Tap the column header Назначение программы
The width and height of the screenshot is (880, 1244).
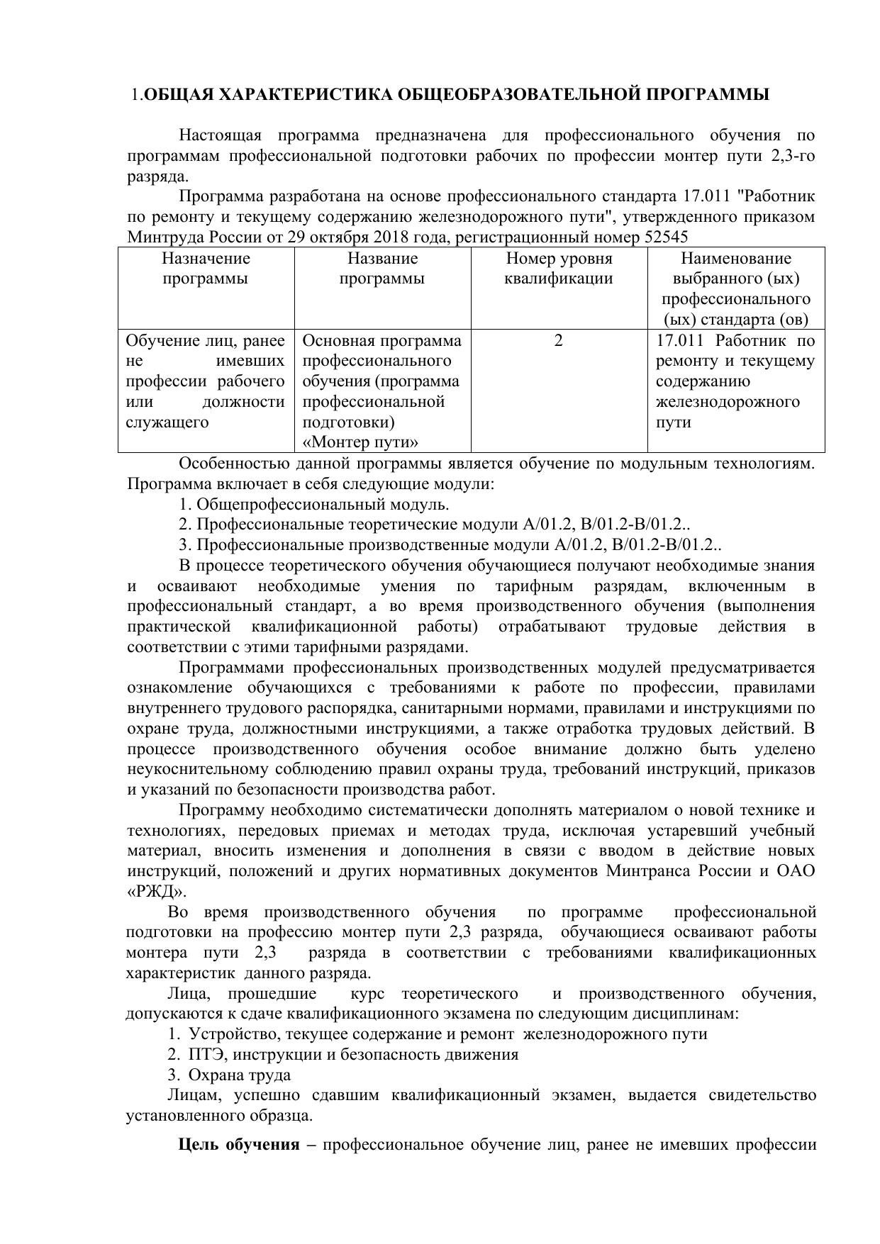[x=206, y=268]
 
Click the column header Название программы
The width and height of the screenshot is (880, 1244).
[x=382, y=268]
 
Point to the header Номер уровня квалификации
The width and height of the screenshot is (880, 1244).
[x=559, y=268]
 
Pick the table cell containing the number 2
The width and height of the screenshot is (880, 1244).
[x=559, y=341]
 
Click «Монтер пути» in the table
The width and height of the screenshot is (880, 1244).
[x=360, y=443]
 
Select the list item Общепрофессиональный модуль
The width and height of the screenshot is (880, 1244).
[x=323, y=505]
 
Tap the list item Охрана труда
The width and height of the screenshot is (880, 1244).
[x=240, y=1075]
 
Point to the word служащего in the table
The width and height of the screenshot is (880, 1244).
[x=167, y=422]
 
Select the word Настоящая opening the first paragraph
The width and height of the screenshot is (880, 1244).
[x=220, y=135]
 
